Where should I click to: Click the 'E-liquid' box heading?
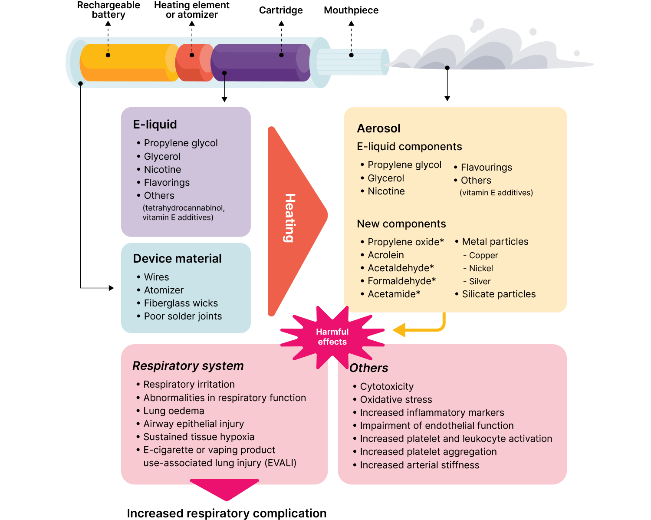tap(155, 125)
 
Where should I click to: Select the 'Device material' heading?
tap(177, 259)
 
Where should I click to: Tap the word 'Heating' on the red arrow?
tap(290, 218)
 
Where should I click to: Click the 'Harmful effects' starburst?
tap(332, 337)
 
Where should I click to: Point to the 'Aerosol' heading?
tap(378, 128)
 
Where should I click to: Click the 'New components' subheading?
tap(401, 224)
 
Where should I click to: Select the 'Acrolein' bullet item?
tap(385, 255)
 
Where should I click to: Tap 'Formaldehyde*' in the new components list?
tap(401, 281)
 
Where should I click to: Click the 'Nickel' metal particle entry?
tap(481, 269)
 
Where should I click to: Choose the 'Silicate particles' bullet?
tap(498, 294)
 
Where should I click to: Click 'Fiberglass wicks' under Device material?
tap(181, 303)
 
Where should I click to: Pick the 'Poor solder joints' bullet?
tap(183, 316)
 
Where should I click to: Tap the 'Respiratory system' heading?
tap(188, 366)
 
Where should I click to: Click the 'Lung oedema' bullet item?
tap(174, 411)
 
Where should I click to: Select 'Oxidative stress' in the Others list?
tap(396, 400)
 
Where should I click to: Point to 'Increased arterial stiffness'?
tap(419, 465)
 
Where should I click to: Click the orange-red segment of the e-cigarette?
tap(194, 63)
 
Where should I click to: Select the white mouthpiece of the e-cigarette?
tap(352, 62)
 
